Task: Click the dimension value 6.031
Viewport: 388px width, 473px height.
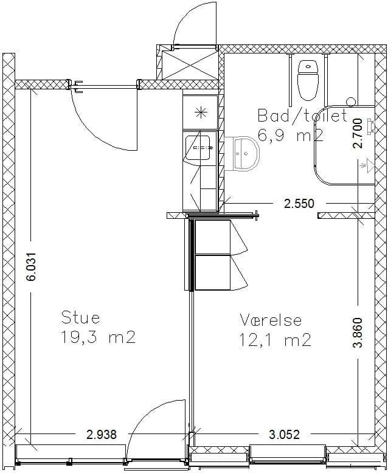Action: [31, 267]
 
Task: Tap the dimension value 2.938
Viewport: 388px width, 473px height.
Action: [102, 435]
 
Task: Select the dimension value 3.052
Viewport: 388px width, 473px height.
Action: [285, 434]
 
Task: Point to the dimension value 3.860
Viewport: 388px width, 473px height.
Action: [358, 333]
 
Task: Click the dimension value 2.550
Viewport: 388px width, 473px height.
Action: [299, 204]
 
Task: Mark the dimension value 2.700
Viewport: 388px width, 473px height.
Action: [358, 133]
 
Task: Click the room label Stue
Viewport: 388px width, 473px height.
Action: [80, 317]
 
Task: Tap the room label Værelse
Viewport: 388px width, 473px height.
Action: [271, 320]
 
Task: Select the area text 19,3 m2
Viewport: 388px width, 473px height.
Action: [98, 337]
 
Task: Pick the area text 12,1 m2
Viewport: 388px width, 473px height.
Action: [275, 340]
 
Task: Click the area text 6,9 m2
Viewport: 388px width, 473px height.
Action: [291, 135]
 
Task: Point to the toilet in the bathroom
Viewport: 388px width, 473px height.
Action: [308, 80]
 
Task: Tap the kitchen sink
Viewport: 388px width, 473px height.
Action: [198, 148]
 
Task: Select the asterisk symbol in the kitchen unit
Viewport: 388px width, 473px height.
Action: [201, 113]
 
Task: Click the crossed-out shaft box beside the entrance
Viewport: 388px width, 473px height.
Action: [190, 65]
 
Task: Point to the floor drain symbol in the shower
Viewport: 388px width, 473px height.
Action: [368, 165]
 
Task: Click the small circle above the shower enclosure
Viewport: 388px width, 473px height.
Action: [351, 102]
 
